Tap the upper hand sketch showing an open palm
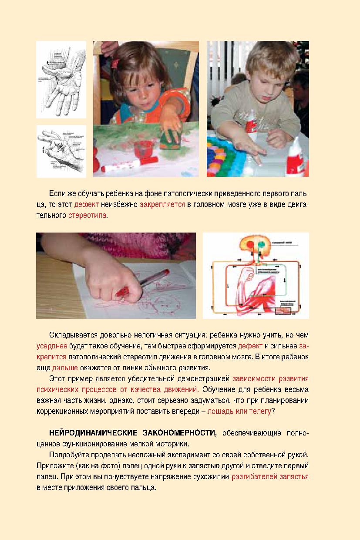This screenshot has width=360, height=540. [x=61, y=79]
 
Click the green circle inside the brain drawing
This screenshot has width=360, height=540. [x=262, y=245]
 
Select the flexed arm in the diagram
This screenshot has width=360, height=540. [x=257, y=290]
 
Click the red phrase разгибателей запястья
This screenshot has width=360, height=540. [x=270, y=477]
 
